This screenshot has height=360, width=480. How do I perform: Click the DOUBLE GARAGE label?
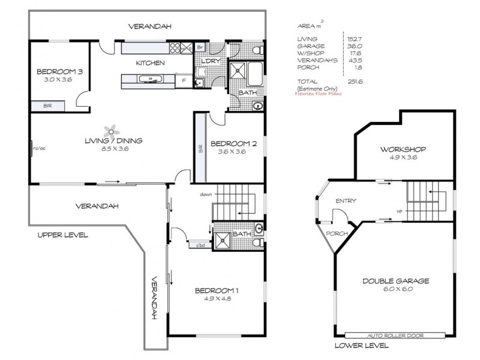(395, 281)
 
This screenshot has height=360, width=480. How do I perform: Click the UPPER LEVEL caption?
(63, 235)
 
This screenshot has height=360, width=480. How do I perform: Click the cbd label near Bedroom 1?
(199, 245)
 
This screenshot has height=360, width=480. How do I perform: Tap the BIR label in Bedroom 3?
(47, 106)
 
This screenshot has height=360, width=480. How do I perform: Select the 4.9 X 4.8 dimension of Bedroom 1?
(217, 300)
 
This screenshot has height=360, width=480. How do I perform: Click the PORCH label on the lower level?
(336, 233)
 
